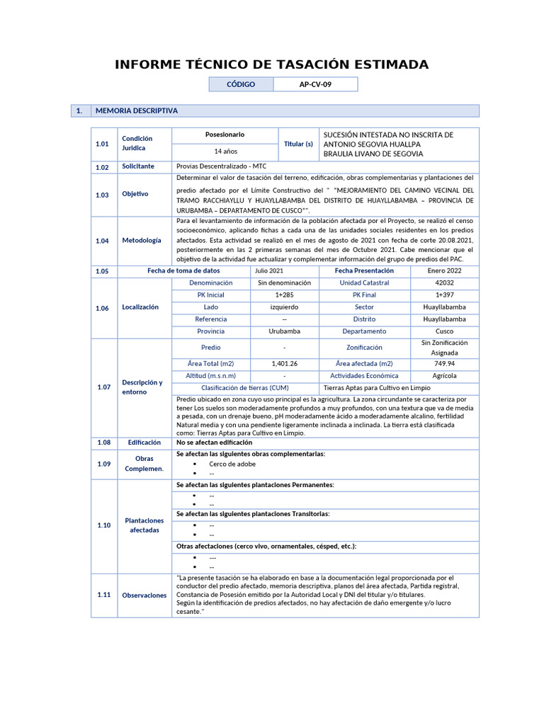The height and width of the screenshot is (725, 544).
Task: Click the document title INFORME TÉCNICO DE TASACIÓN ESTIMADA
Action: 271,64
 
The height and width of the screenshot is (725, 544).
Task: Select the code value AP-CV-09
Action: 315,84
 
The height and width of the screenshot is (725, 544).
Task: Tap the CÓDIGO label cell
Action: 241,84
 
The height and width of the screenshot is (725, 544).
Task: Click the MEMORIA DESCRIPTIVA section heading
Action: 136,111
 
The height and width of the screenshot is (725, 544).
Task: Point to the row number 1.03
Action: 103,194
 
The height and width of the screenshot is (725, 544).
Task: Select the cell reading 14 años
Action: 225,151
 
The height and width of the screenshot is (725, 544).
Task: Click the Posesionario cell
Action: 225,135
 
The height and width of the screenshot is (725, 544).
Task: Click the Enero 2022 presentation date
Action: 444,270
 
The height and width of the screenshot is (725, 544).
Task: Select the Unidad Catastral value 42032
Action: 444,282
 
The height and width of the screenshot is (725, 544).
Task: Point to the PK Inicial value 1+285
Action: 284,295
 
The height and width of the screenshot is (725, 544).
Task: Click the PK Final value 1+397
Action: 444,295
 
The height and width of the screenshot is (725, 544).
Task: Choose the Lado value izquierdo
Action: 284,307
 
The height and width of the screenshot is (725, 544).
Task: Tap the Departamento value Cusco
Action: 444,331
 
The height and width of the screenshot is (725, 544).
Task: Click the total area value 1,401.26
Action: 284,363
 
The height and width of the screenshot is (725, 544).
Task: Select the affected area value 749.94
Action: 444,363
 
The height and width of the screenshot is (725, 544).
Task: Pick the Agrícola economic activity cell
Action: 444,376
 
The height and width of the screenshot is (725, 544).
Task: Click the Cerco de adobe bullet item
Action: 232,464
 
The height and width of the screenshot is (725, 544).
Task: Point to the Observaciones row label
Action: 144,595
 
